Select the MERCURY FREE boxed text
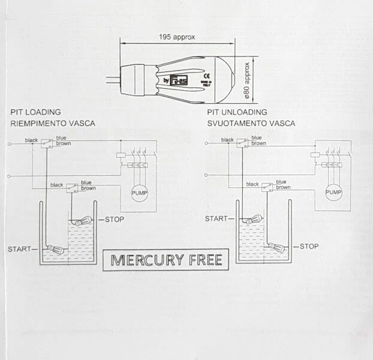pos(167,260)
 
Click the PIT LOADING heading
pos(35,112)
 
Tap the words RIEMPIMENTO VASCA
pos(52,124)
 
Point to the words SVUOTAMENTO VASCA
pos(251,124)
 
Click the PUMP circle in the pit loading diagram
pos(139,193)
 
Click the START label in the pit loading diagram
pos(20,248)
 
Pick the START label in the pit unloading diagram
pos(216,219)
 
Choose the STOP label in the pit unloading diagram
pos(309,246)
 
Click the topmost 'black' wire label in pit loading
pos(31,140)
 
